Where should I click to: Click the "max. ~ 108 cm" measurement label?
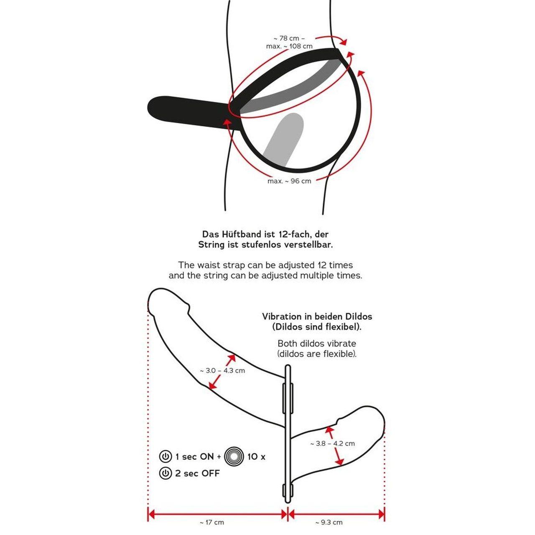289,46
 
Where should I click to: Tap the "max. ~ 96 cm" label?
289,181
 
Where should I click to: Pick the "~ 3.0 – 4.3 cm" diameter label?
222,370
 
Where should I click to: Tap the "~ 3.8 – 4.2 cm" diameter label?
332,443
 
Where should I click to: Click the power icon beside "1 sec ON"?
166,456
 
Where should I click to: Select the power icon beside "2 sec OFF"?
166,473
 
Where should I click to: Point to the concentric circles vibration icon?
234,456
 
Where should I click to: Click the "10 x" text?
257,456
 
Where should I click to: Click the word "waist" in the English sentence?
215,265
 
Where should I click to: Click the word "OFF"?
210,473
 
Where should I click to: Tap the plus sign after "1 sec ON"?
219,456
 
